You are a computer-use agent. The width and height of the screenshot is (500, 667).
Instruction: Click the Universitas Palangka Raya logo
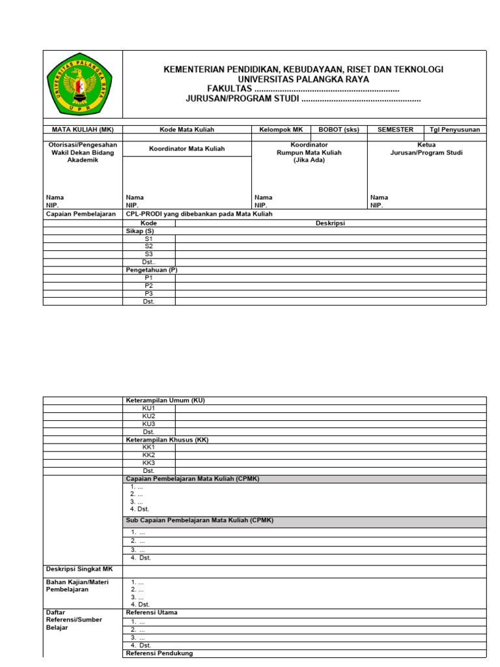click(x=82, y=85)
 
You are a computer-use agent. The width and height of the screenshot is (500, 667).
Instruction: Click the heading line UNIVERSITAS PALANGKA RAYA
click(x=303, y=79)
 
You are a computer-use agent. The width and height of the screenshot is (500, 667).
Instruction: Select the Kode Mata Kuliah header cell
click(x=187, y=130)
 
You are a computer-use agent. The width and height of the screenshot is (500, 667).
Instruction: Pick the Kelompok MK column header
click(x=281, y=130)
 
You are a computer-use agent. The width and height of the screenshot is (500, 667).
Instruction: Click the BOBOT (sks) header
click(x=339, y=130)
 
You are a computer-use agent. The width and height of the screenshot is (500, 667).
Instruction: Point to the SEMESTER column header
click(x=395, y=130)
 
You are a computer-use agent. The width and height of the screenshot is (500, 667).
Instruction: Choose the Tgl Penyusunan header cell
click(x=454, y=130)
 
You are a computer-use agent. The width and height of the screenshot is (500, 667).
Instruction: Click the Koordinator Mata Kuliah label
click(x=187, y=149)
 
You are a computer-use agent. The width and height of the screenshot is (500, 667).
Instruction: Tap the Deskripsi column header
click(x=330, y=223)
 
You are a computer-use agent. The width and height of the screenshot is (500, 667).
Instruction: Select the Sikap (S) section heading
click(x=140, y=231)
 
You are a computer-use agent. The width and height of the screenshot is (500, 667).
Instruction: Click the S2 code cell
click(x=149, y=246)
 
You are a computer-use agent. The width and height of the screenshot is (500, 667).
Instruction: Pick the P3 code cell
click(x=148, y=293)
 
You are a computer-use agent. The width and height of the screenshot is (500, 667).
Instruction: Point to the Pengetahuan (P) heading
click(x=151, y=270)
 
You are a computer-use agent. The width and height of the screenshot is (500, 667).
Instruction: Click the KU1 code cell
click(x=149, y=408)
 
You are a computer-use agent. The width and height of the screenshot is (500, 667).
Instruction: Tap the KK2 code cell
click(x=149, y=455)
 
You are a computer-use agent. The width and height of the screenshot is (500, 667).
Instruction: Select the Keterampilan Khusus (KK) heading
click(x=167, y=440)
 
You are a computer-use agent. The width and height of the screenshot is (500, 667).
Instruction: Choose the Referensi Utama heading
click(x=151, y=612)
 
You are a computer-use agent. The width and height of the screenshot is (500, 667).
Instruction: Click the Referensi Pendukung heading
click(x=159, y=653)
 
